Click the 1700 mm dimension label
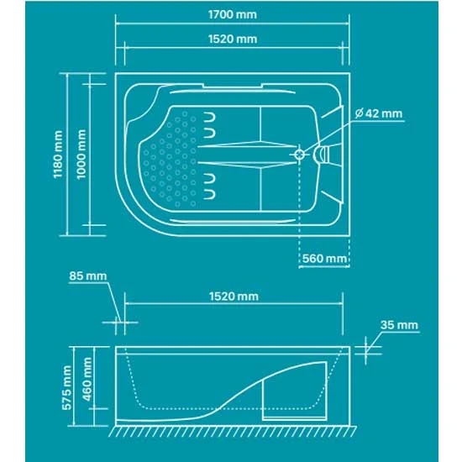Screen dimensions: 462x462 pyautogui.click(x=233, y=14)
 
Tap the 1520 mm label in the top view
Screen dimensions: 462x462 pyautogui.click(x=233, y=39)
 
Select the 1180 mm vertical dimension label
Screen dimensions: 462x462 pyautogui.click(x=58, y=155)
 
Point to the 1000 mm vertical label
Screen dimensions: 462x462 pyautogui.click(x=81, y=154)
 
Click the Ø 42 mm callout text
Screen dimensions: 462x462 pyautogui.click(x=379, y=113)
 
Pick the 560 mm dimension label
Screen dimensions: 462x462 pyautogui.click(x=325, y=259)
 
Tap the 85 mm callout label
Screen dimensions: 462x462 pyautogui.click(x=88, y=276)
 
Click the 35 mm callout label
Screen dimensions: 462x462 pyautogui.click(x=399, y=325)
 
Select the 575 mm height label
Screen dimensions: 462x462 pyautogui.click(x=67, y=387)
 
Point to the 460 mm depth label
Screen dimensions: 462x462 pyautogui.click(x=87, y=379)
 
